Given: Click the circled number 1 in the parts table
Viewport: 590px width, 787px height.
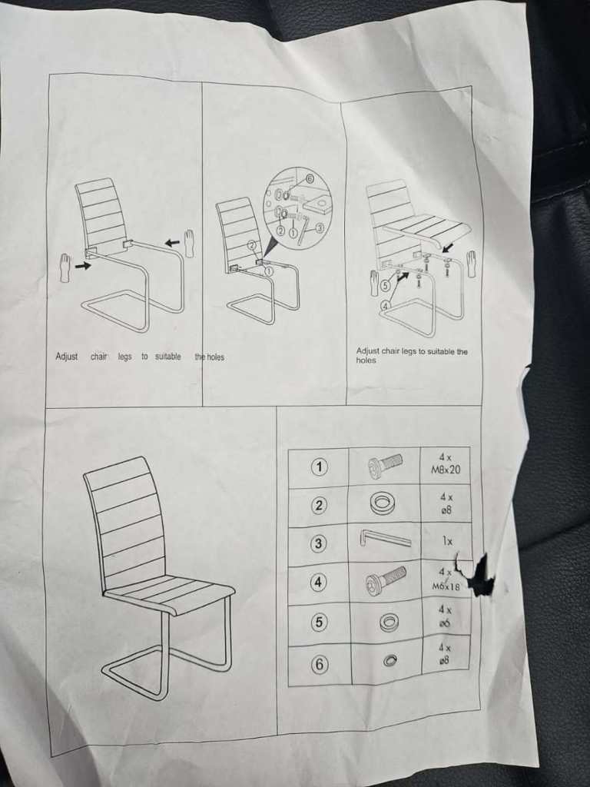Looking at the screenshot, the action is coord(319,467).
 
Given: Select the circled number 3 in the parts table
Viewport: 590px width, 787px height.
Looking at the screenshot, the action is coord(317,543).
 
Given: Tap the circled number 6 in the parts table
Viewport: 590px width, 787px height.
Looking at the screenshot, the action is coord(319,665).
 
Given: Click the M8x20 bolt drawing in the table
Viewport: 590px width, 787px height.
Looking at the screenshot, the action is coord(385,465).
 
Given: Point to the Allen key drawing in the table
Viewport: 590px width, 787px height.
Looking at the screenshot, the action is coord(385,539).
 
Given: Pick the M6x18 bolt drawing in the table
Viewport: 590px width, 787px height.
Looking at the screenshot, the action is coord(386,579).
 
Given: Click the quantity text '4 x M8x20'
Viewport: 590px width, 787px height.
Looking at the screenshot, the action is coord(446,464).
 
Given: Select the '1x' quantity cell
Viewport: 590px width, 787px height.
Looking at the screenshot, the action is coord(447,541).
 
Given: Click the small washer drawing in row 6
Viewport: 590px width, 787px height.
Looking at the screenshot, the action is coord(389,660).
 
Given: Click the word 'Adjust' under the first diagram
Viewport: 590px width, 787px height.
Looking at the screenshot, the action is coord(67,357).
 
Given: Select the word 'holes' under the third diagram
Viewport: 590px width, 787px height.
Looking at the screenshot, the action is coord(366,360).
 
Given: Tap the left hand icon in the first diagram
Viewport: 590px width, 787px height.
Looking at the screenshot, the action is coord(65,268).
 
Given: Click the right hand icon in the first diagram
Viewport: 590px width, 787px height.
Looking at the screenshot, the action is coord(189,243).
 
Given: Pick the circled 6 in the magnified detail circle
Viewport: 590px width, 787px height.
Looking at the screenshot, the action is coord(310,178).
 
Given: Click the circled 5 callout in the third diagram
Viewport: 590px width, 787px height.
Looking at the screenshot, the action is coord(386,285).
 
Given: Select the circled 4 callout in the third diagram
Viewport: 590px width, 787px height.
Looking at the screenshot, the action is coord(386,305).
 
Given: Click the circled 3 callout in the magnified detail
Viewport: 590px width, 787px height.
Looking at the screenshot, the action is coord(318,229).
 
